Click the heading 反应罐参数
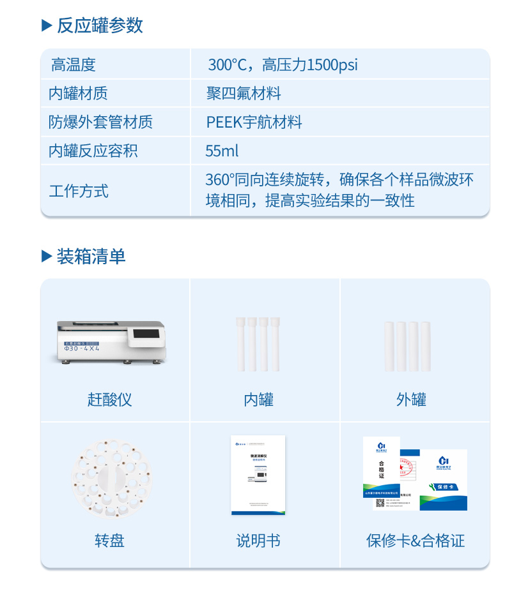click(x=100, y=26)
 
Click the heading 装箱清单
click(x=91, y=257)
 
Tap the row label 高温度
click(x=74, y=64)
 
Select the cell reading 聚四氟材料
click(x=244, y=94)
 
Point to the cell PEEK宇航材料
click(x=254, y=123)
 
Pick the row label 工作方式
click(x=79, y=191)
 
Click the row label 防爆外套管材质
click(x=100, y=123)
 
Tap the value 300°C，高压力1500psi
click(x=283, y=64)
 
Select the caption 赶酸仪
click(x=110, y=400)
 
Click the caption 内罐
click(x=259, y=400)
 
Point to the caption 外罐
click(x=411, y=400)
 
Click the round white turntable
click(x=111, y=478)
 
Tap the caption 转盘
click(x=110, y=541)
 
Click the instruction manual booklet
click(x=258, y=475)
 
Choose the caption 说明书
click(x=258, y=541)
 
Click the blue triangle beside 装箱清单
click(x=46, y=257)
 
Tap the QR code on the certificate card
click(x=379, y=502)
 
